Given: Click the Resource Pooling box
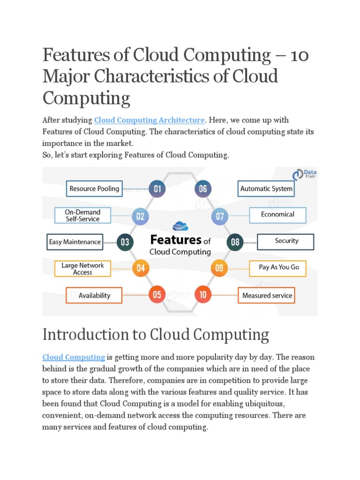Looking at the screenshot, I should [94, 189].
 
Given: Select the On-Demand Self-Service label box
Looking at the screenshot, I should [82, 216].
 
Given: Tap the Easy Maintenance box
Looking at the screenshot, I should [75, 242].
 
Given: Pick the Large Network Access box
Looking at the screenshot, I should [82, 269].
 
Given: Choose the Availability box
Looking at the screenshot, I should [94, 295].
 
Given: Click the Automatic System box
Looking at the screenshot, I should [266, 189].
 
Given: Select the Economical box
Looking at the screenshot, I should [277, 215].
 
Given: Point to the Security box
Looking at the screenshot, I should [286, 241].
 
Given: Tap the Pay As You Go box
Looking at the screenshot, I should [278, 268].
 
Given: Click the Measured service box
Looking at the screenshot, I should [267, 295].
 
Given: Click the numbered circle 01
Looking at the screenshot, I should [157, 189].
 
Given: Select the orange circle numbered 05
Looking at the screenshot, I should [157, 295].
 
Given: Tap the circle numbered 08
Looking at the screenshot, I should [235, 242].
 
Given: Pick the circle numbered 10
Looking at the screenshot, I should [203, 295].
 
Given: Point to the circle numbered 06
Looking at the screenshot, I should [203, 189].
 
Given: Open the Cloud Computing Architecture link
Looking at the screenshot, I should [150, 120].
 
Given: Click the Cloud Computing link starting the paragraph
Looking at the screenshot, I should [74, 357].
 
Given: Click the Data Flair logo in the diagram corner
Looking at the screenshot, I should [304, 175].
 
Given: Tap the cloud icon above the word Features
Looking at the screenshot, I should [180, 226].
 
